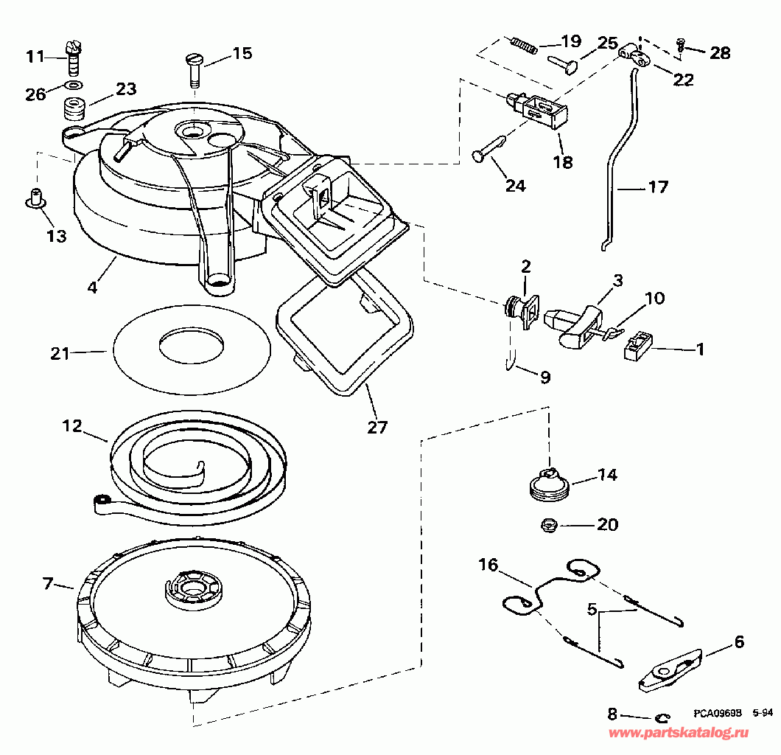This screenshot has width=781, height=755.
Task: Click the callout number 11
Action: coord(35,56)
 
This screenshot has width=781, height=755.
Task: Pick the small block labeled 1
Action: coord(638,347)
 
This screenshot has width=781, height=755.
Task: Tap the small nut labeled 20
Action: coord(548,525)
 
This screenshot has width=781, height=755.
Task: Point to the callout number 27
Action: coord(377,427)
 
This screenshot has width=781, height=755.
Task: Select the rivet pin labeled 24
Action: coord(486,148)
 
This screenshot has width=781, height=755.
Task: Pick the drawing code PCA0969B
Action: coord(716,714)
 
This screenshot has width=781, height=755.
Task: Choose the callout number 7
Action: coord(49,585)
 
